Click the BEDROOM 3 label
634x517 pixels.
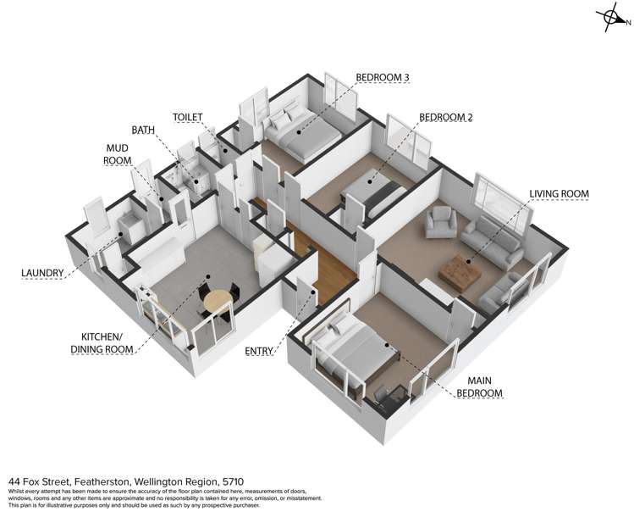383,77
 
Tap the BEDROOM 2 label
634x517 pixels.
446,118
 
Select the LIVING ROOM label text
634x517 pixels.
560,194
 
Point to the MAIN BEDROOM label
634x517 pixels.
480,386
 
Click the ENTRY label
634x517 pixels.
259,351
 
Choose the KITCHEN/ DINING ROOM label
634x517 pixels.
102,342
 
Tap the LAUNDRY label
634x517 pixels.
42,273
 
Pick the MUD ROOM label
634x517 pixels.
118,154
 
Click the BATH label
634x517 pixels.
143,130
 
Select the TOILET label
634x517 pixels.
188,117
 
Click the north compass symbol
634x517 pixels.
613,18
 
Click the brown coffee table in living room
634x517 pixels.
460,272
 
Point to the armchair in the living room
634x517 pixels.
440,222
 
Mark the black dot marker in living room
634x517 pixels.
468,262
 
